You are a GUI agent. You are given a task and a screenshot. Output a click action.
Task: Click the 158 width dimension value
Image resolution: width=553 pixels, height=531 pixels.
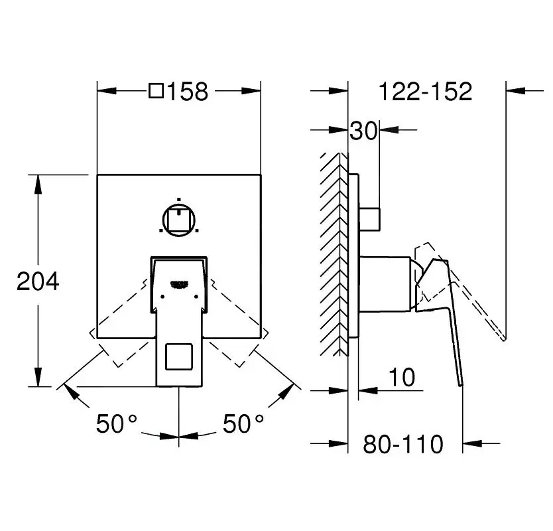(x=188, y=92)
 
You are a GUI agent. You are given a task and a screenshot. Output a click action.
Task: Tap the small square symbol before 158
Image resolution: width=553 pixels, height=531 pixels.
(x=156, y=91)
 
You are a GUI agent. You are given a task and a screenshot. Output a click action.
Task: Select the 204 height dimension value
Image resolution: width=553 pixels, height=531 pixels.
(x=38, y=281)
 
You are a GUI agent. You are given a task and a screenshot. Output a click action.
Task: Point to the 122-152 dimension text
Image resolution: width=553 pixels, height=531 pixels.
(x=425, y=92)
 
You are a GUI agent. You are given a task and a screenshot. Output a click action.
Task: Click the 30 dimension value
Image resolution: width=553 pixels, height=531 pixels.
(x=363, y=131)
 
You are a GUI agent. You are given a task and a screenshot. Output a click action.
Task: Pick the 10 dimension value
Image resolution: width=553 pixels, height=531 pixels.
(x=402, y=378)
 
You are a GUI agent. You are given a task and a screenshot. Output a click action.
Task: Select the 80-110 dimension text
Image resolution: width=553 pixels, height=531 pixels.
(x=402, y=444)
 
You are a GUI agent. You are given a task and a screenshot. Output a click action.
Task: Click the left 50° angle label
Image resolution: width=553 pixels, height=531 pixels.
(x=116, y=423)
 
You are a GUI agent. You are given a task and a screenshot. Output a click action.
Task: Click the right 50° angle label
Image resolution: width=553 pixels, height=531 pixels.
(x=243, y=423)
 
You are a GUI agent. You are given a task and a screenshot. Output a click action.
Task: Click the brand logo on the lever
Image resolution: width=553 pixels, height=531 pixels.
(x=180, y=284)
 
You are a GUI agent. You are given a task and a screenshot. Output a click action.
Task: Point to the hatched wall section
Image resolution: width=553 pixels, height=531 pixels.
(x=334, y=252)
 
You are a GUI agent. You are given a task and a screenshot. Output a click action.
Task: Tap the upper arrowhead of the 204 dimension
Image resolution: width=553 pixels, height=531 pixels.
(x=38, y=183)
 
